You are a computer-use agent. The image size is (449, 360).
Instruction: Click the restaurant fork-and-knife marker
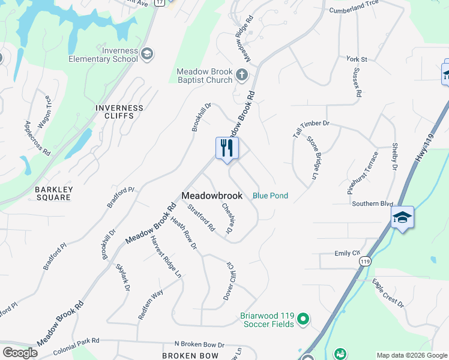click(227, 148)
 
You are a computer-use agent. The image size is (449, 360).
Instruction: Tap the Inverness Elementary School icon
click(147, 55)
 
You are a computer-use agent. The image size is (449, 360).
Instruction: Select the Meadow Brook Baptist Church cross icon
click(241, 75)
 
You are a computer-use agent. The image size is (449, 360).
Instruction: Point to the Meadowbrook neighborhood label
click(212, 196)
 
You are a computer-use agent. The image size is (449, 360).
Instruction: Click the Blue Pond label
click(270, 196)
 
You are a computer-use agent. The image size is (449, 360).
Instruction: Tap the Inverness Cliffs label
click(119, 112)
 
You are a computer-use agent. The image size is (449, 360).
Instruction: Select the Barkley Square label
click(54, 194)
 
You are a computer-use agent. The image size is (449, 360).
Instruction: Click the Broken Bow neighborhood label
click(190, 356)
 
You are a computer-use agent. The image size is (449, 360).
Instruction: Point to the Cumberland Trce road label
click(354, 11)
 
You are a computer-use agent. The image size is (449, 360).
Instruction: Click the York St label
click(356, 59)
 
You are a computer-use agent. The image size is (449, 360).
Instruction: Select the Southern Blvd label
click(373, 203)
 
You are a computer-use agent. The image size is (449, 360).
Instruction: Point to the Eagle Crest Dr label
click(388, 293)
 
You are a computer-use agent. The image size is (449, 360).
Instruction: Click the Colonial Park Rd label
click(76, 346)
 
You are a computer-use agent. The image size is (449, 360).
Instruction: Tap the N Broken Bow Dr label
click(199, 345)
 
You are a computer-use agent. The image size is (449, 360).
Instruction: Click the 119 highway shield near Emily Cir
click(365, 262)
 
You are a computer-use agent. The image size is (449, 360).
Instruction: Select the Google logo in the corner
click(20, 353)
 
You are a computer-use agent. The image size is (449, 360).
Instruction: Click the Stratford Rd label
click(201, 219)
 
